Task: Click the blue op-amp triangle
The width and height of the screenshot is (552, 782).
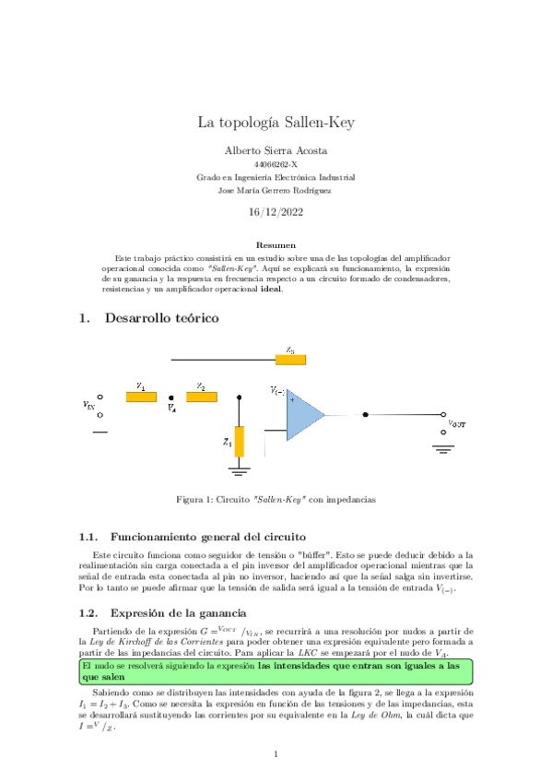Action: pyautogui.click(x=302, y=415)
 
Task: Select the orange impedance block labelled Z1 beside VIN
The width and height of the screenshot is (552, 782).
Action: pyautogui.click(x=141, y=397)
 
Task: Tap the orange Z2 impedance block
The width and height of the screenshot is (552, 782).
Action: pyautogui.click(x=202, y=397)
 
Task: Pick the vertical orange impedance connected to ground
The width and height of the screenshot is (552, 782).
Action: pyautogui.click(x=240, y=441)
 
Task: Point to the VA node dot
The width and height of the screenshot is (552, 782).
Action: pyautogui.click(x=171, y=397)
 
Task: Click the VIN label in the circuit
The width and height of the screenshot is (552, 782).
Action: pyautogui.click(x=88, y=404)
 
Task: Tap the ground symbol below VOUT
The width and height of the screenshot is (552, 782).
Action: pyautogui.click(x=445, y=449)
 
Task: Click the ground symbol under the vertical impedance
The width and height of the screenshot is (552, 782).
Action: pyautogui.click(x=240, y=471)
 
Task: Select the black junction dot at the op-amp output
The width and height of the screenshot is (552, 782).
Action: pyautogui.click(x=366, y=415)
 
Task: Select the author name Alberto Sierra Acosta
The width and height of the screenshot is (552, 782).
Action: pyautogui.click(x=276, y=149)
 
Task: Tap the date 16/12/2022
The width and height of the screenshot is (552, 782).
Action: pyautogui.click(x=276, y=211)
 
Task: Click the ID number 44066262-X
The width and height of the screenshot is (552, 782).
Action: pyautogui.click(x=276, y=164)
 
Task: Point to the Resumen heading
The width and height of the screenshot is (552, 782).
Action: pyautogui.click(x=276, y=244)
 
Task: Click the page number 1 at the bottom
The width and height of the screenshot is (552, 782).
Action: pyautogui.click(x=276, y=755)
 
